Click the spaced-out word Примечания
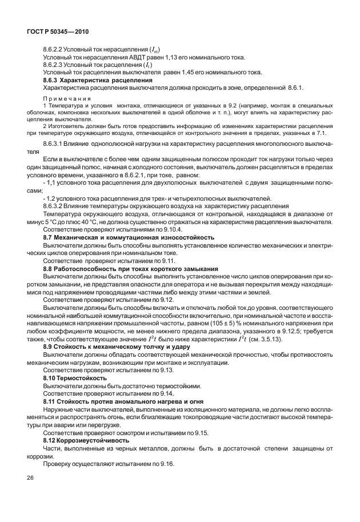[67, 98]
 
